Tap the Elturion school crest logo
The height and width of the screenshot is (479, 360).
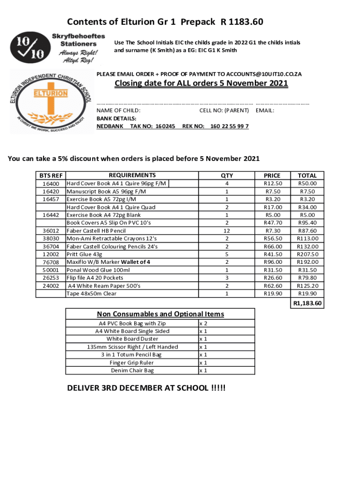pos(50,102)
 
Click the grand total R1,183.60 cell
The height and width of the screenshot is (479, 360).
pos(307,304)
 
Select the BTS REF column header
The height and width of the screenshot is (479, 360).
pos(50,175)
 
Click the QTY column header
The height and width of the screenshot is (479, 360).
pos(227,175)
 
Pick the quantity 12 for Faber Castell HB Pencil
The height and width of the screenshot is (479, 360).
pos(227,231)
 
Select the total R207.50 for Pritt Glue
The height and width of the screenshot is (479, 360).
pos(307,254)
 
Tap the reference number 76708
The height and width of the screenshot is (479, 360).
pos(50,262)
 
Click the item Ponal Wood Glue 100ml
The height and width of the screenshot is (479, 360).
pos(98,270)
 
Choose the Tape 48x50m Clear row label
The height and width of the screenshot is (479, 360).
pos(92,294)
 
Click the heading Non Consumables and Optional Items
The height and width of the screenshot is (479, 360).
pos(160,314)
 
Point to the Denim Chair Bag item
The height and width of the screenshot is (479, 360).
pos(132,370)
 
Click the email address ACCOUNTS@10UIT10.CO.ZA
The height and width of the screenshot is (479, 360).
pos(264,74)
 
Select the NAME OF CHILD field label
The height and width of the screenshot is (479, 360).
pos(118,110)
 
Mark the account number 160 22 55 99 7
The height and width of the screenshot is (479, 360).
pos(230,126)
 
